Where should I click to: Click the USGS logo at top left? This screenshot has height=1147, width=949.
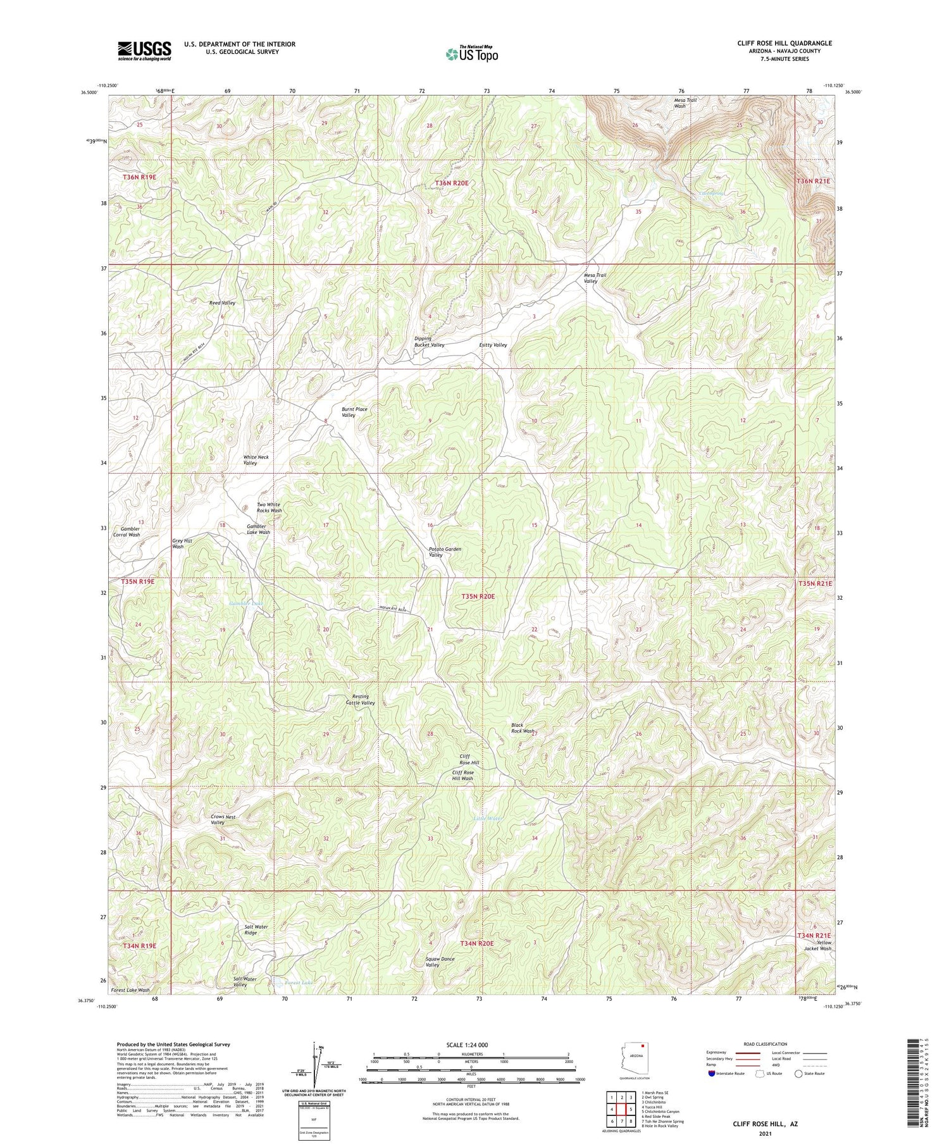point(144,51)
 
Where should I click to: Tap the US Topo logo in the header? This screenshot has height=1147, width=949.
point(471,54)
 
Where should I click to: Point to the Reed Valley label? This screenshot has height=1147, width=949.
point(222,303)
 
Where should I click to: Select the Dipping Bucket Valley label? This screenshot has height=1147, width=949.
point(429,342)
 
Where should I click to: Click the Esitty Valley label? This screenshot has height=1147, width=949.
point(493,345)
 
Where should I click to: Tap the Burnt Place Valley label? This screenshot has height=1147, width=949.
point(354,412)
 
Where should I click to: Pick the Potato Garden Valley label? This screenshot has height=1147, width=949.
point(445,552)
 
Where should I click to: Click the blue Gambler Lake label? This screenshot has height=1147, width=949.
point(245,604)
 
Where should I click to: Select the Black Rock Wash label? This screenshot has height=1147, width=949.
point(523,728)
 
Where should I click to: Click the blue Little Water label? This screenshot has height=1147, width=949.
point(488,819)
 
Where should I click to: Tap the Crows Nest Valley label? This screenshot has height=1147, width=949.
point(223,819)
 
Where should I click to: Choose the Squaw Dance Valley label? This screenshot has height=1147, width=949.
point(440,962)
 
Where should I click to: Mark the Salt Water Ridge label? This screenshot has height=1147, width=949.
point(256,930)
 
